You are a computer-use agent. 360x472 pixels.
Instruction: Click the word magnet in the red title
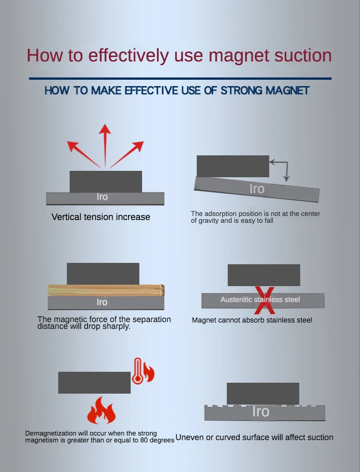[239, 56]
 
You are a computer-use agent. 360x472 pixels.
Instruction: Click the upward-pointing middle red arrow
[105, 146]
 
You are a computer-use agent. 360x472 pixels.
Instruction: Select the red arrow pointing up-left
[84, 154]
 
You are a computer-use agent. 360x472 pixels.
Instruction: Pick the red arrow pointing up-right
[126, 154]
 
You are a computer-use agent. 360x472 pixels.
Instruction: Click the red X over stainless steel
[265, 300]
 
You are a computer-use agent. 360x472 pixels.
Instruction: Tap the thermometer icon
[138, 371]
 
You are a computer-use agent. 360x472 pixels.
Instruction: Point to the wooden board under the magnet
[106, 290]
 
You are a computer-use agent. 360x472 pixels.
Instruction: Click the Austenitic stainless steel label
[260, 299]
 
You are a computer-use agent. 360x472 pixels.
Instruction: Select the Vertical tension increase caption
[101, 217]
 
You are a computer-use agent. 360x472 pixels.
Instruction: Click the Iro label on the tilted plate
[257, 189]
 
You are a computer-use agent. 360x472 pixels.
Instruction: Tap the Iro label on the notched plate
[261, 411]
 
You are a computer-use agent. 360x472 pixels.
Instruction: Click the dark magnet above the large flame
[94, 383]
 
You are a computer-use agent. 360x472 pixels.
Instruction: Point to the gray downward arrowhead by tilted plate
[287, 179]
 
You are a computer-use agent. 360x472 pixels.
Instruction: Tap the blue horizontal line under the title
[180, 78]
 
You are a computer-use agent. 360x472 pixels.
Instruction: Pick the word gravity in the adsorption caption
[210, 221]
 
